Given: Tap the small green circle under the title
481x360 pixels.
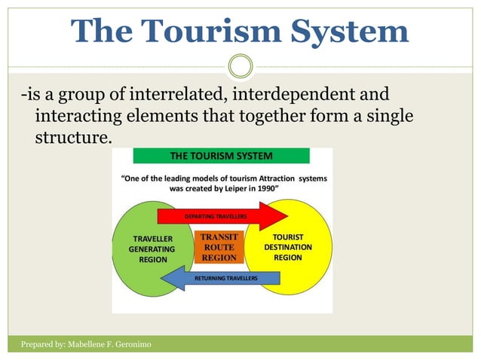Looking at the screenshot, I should coord(240,66).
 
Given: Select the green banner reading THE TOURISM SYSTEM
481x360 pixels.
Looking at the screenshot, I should coord(221,156).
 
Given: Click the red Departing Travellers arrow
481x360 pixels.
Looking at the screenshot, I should coord(219,216).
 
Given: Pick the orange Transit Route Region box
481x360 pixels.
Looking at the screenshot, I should coord(219,247).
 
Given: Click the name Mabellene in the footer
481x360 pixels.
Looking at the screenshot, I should coord(100,344).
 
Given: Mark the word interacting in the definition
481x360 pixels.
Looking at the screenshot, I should coord(79,117).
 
